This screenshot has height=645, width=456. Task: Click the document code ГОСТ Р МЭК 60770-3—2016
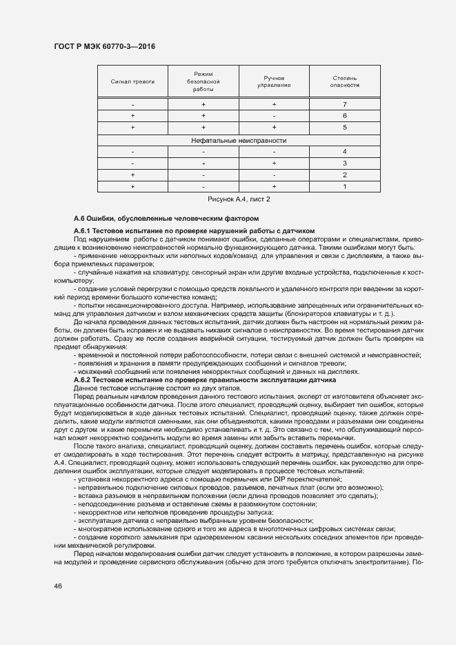point(104,46)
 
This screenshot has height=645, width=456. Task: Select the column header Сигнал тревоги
point(132,81)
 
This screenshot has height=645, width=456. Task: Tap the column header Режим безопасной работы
point(204,81)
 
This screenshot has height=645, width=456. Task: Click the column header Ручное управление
point(274,81)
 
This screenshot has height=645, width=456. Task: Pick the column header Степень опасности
point(344,81)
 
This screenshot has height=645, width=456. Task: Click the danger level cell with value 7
point(344,104)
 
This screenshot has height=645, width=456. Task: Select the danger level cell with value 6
point(344,116)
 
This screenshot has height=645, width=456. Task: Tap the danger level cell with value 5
point(344,128)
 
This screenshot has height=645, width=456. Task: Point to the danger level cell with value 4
point(344,151)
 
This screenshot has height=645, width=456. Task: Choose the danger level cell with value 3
point(344,163)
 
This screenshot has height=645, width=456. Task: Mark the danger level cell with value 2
point(344,175)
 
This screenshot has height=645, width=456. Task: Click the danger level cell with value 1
point(344,186)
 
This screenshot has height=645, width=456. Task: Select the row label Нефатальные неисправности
point(239,139)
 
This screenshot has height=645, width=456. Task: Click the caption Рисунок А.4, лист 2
point(239,199)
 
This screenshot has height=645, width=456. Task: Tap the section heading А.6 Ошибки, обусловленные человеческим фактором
point(166,218)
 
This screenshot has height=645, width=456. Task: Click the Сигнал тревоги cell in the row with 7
point(132,104)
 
